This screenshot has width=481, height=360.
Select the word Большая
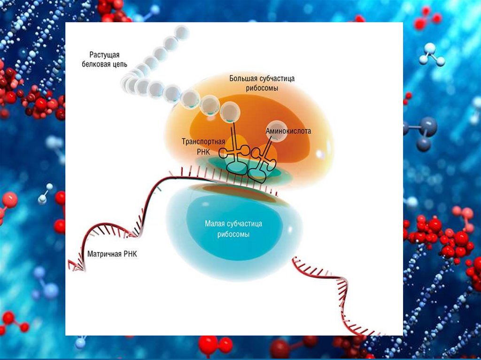[x=243, y=78]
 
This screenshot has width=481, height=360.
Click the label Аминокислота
[x=288, y=132]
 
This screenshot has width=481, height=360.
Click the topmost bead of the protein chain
[x=182, y=32]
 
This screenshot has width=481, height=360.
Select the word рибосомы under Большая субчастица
[x=262, y=88]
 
